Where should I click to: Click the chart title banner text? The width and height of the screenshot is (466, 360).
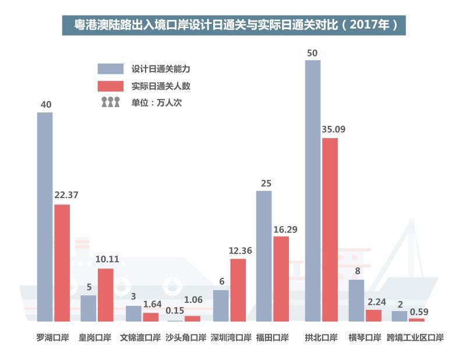234,25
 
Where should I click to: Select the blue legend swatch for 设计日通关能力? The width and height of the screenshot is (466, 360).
111,69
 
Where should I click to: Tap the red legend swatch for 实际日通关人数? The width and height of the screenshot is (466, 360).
111,86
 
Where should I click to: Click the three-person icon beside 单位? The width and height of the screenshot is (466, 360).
110,103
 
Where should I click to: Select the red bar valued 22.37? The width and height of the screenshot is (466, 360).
62,263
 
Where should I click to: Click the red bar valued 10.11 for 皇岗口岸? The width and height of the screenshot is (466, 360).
105,295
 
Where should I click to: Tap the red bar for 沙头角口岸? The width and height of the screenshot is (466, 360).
192,319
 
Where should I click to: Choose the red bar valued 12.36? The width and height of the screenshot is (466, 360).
238,290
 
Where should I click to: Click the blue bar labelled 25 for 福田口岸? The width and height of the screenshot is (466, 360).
264,256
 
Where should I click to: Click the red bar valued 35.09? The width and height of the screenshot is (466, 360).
330,230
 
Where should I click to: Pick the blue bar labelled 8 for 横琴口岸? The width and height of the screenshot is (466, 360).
356,300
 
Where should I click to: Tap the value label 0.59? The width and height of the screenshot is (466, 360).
419,312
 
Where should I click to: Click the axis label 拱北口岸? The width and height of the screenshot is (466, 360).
321,337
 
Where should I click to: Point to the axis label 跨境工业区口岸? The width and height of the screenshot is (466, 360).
415,337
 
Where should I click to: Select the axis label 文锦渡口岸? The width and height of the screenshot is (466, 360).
140,337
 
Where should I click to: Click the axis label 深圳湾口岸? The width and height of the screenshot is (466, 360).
231,337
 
